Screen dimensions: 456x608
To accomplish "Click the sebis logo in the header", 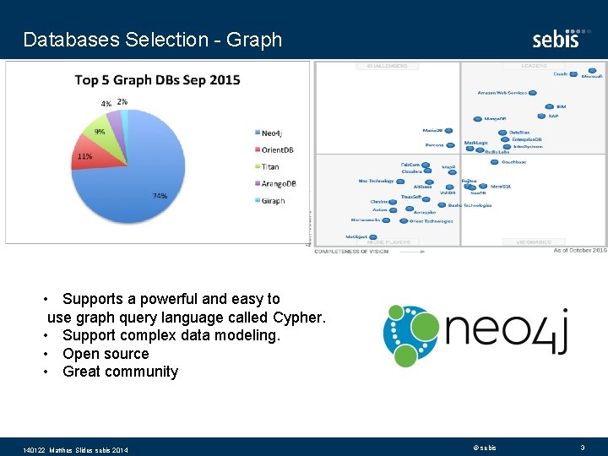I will coord(556,39).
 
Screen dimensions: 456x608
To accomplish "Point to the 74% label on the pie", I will coord(159,196).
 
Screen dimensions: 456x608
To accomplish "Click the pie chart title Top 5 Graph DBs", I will coord(157,80).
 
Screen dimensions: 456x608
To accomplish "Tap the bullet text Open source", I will coord(106,354).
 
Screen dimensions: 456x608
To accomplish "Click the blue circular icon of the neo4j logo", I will coord(411,336).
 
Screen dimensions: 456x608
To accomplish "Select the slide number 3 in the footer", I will coord(582,447).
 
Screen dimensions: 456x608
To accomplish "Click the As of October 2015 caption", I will coord(579,250).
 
